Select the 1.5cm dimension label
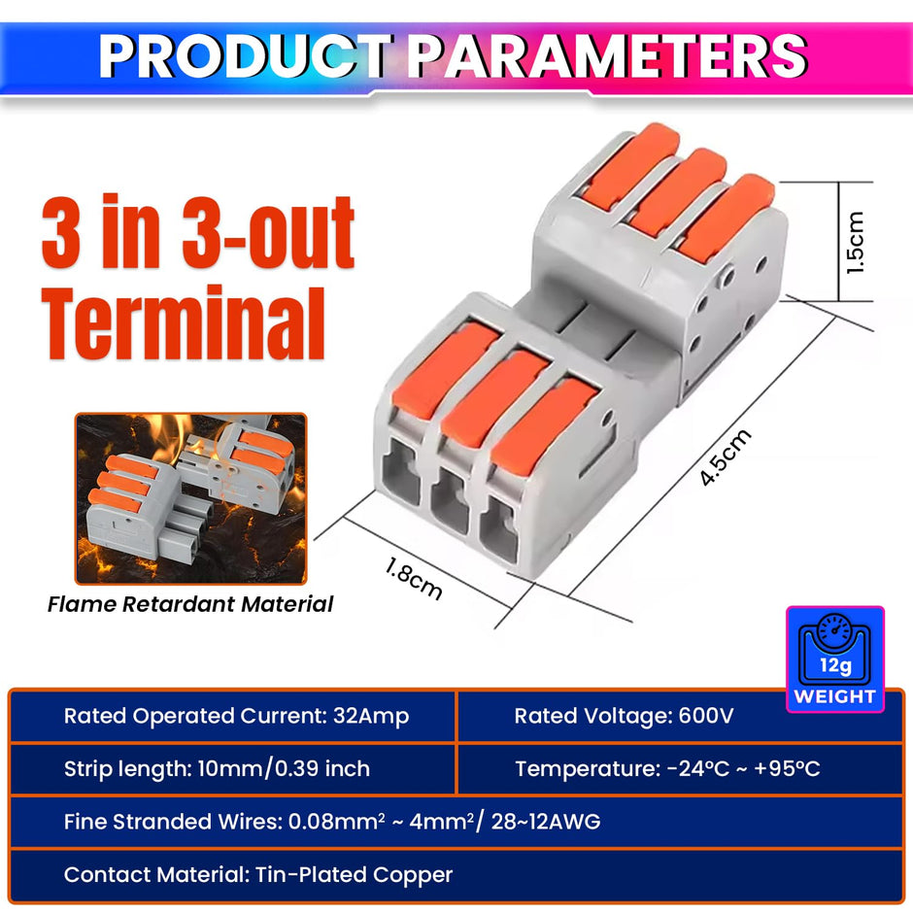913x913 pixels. pos(855,243)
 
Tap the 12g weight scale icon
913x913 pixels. pos(834,647)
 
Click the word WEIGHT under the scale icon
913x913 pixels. pos(834,696)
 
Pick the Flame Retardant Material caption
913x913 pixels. pos(190,604)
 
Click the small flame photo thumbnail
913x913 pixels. pos(190,498)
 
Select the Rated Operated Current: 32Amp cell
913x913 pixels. pos(236,717)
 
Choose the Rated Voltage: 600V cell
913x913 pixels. pos(624,717)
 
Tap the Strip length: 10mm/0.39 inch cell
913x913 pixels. pos(217,769)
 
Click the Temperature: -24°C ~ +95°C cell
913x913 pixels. pos(667,769)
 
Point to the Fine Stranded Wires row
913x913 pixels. pos(332,822)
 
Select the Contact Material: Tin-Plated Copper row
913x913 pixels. pos(258,875)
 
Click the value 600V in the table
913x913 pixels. pos(704,717)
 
